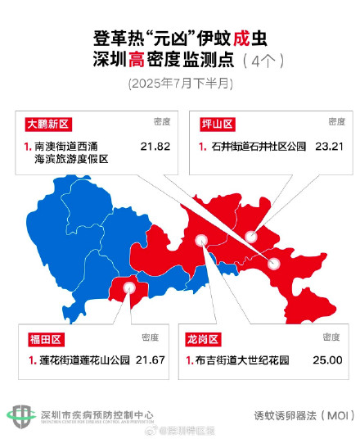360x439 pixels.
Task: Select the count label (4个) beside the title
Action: point(268,61)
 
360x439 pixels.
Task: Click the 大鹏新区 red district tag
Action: point(48,124)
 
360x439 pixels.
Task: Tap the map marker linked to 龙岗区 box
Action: point(202,242)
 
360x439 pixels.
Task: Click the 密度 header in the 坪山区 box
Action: point(335,122)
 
